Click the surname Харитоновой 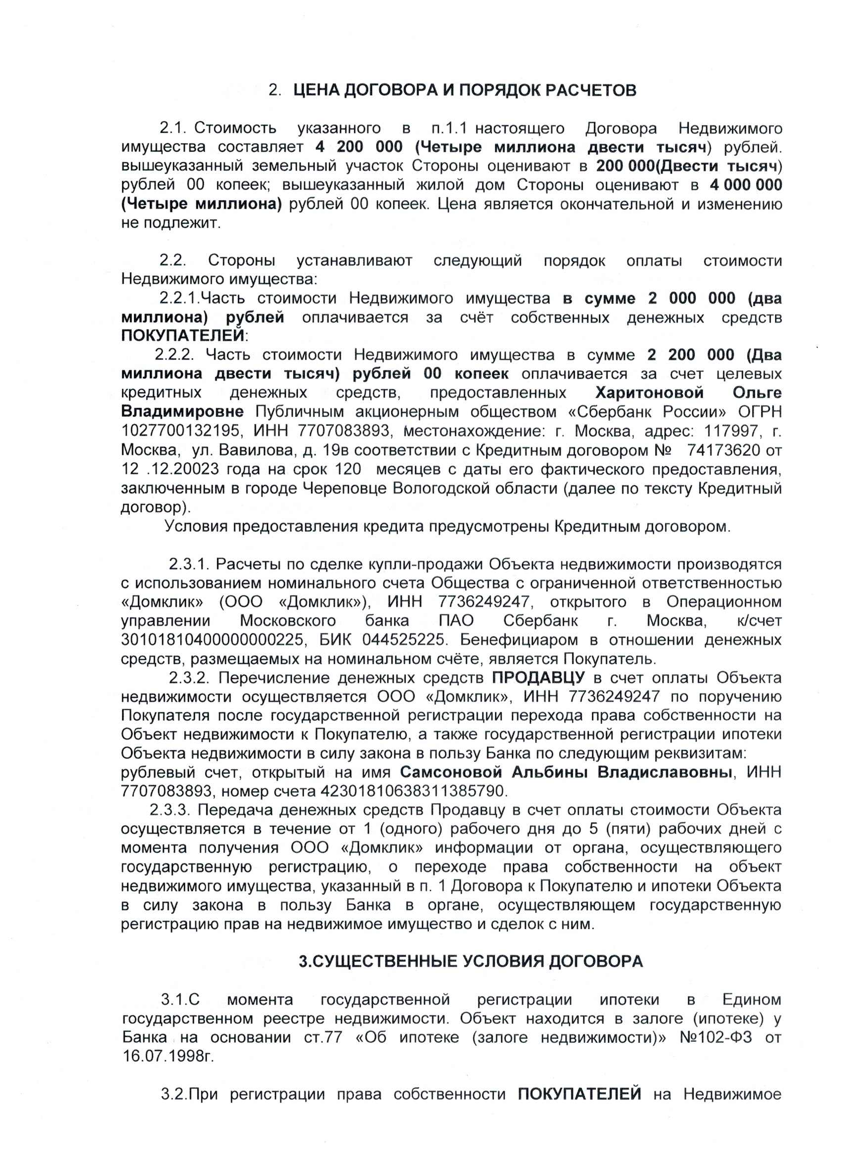click(650, 393)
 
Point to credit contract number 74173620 click(724, 450)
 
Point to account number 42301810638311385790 click(413, 791)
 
